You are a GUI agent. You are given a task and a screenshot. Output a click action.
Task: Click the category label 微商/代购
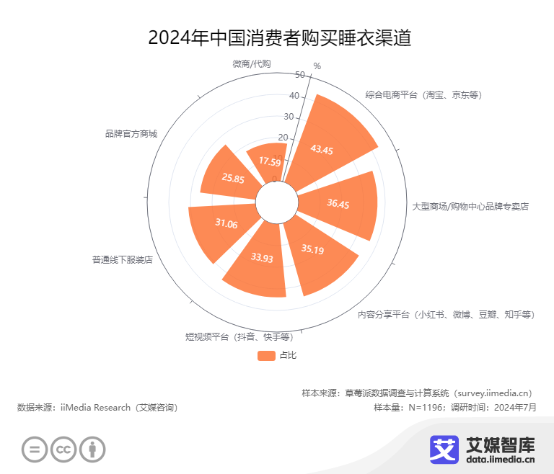click(251, 63)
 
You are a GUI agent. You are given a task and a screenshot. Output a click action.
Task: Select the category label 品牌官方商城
click(131, 133)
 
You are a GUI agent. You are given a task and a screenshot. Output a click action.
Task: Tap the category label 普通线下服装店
click(122, 259)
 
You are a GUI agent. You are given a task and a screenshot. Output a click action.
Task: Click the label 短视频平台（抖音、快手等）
click(238, 336)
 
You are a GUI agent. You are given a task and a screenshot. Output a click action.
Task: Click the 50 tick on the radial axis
click(299, 74)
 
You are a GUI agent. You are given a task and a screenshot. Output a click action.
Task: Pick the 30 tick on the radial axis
click(289, 117)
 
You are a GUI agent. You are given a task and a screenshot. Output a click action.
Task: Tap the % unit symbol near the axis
click(317, 66)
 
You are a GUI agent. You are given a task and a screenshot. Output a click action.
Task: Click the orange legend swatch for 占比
click(266, 355)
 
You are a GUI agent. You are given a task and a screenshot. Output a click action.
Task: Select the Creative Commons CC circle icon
click(63, 450)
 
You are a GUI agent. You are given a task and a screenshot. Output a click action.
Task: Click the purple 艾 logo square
click(445, 448)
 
